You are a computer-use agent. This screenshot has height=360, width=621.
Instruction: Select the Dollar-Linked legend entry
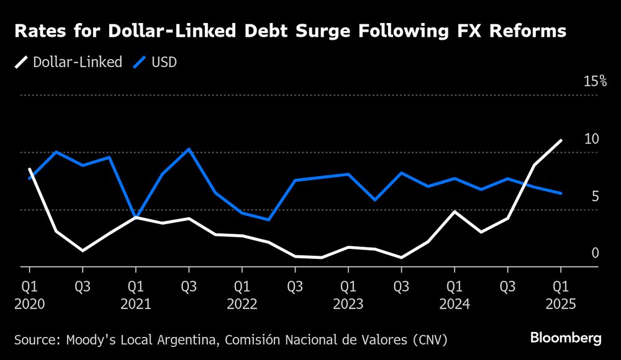pos(69,63)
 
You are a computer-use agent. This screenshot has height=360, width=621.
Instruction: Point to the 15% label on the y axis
pos(594,81)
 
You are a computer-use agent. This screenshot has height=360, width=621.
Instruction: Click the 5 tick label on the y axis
pos(596,196)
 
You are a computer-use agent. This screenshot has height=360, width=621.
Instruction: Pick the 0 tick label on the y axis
pos(595,253)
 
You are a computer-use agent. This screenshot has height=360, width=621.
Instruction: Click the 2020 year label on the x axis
pos(29,305)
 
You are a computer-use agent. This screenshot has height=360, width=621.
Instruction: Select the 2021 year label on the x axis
pos(135,305)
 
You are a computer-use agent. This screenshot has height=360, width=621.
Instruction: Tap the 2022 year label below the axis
pos(242,305)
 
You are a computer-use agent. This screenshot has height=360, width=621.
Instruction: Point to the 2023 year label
pos(348,305)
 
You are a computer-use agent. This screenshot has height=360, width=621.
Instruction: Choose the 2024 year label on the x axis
pos(455,305)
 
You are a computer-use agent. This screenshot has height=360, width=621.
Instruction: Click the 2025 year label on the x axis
pos(561,305)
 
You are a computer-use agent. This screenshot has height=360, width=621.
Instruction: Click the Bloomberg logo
pos(566,338)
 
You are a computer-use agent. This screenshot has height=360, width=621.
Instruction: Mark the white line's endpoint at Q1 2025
pos(561,140)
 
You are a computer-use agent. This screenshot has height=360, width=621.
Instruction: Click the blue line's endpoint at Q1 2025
pos(561,193)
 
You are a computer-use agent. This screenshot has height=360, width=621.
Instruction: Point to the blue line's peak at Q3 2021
pos(189,149)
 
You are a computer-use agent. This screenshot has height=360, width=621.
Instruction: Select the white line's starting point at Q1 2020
pos(29,169)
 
